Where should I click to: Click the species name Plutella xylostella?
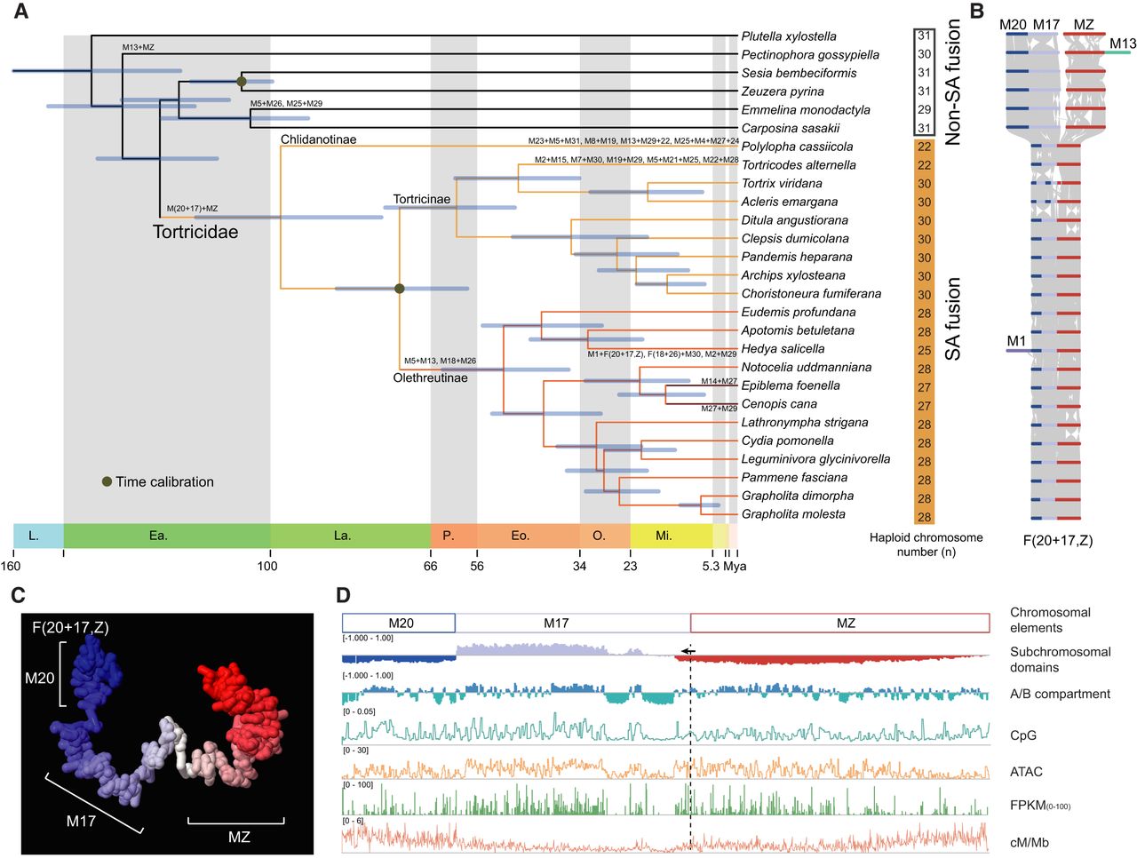click(788, 36)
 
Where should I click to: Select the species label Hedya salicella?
click(783, 349)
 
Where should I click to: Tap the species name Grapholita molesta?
click(793, 514)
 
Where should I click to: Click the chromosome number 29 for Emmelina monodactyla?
click(924, 109)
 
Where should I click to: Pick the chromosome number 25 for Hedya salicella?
click(924, 350)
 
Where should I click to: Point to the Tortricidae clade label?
click(195, 232)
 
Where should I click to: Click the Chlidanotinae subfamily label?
click(318, 139)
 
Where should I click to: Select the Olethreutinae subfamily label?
click(430, 378)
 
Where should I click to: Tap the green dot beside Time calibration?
click(107, 481)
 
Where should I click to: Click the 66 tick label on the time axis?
click(430, 567)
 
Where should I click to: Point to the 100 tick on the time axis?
click(267, 567)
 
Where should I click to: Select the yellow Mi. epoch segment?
click(664, 536)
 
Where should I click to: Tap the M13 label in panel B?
click(1122, 44)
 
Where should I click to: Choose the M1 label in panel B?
click(1016, 341)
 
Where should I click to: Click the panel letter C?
click(19, 595)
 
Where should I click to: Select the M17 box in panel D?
click(556, 624)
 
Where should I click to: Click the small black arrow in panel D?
click(688, 651)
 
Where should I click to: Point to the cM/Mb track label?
click(1030, 842)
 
